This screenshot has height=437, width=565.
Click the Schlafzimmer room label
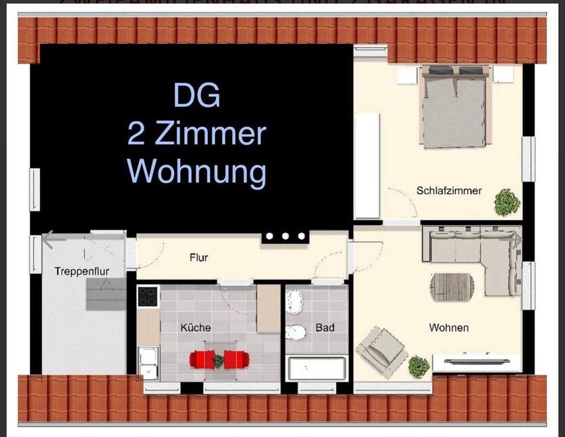[448, 191]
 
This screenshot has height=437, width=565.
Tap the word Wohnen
[448, 328]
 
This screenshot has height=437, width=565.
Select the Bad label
[325, 328]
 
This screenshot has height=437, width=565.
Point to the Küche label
[195, 328]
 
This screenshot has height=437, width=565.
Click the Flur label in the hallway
[198, 257]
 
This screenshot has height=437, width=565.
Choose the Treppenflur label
[81, 272]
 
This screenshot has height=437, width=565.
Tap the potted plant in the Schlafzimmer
[506, 202]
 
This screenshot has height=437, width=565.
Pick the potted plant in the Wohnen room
[419, 367]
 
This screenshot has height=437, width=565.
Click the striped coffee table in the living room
[452, 286]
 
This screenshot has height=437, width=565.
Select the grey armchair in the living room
[381, 350]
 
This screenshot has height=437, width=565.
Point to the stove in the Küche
[148, 296]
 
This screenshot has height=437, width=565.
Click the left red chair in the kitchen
[203, 358]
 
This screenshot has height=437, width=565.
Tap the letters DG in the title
[196, 95]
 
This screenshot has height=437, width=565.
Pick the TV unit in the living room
[476, 362]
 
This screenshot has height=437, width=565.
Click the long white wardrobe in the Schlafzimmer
[367, 165]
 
